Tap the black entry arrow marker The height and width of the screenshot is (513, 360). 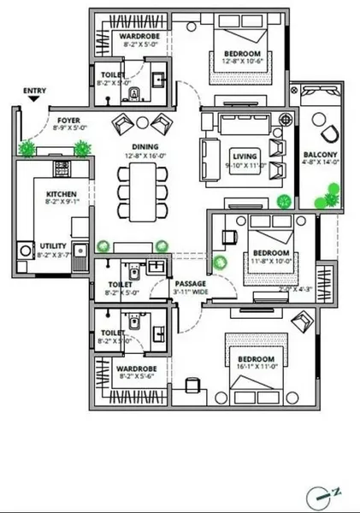click(34, 98)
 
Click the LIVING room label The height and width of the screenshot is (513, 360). click(245, 156)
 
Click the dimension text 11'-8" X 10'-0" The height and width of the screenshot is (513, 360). click(269, 261)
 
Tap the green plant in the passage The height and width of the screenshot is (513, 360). click(222, 262)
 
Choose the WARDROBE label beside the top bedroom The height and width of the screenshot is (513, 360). click(135, 38)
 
